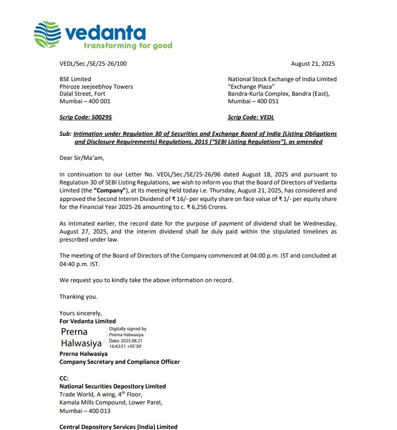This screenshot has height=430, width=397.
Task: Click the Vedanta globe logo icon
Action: [47, 34]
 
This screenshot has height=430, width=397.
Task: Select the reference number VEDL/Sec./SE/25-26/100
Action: [93, 64]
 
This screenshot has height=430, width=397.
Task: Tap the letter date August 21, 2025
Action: [313, 64]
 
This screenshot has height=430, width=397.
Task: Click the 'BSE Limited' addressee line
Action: [75, 79]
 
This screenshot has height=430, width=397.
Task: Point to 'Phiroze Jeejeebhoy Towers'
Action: [96, 87]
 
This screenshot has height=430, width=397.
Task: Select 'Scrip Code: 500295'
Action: [86, 117]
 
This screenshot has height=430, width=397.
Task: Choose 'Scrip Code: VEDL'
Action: [251, 117]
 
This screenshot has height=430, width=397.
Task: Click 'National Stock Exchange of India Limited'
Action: [282, 79]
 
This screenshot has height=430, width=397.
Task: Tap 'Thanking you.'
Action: [78, 297]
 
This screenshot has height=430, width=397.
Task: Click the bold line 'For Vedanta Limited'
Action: [87, 321]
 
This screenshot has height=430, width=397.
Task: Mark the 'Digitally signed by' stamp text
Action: [128, 329]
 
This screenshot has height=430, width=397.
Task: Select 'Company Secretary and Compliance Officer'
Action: [119, 361]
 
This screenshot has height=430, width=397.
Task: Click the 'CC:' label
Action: [64, 379]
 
